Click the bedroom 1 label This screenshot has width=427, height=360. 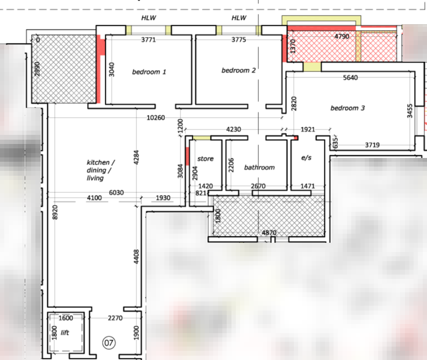coord(149,72)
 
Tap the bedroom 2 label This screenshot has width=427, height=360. coord(238,70)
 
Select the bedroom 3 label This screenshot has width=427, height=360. coord(348,108)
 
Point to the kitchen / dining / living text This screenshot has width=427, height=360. coord(100,170)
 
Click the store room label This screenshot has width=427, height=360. coord(205,159)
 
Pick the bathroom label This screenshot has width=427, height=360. coord(259,167)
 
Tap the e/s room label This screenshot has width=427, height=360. coord(306,157)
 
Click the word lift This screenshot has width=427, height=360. coord(65,333)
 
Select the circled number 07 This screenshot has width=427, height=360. coord(109,343)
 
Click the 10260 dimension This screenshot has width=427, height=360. coord(156,118)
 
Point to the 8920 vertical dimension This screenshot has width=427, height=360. coord(55,212)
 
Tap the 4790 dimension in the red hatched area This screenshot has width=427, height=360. coord(342,37)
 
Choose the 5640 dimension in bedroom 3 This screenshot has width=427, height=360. coord(350,78)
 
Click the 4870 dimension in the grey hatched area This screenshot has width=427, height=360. coord(269,233)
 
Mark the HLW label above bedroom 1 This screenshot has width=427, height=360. coord(149,18)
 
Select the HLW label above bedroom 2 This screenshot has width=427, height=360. coord(239,18)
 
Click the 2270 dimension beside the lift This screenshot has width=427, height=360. coord(115,318)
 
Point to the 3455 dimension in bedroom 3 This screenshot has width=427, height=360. coord(410,111)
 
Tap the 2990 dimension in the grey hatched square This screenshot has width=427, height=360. coord(37,69)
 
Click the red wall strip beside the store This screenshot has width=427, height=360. coord(187,156)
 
